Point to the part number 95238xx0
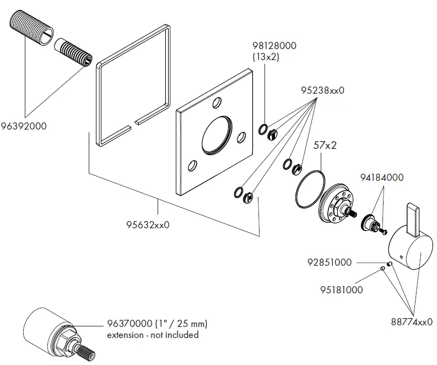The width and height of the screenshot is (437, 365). tap(322, 90)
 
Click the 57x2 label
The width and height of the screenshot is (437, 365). tap(325, 146)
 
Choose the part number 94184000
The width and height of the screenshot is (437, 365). tap(382, 178)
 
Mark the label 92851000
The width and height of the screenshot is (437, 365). tap(330, 262)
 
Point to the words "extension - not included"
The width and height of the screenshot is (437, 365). tap(153, 335)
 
